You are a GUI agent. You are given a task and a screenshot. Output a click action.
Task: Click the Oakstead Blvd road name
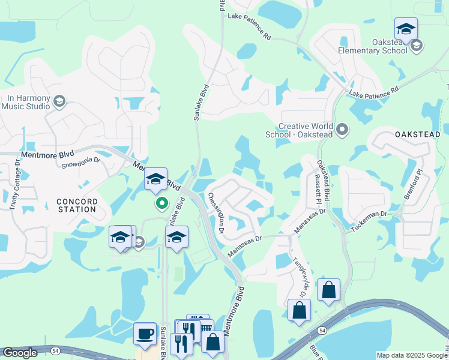pyautogui.click(x=324, y=181)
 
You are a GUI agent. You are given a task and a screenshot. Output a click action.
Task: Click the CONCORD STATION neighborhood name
pyautogui.click(x=77, y=205)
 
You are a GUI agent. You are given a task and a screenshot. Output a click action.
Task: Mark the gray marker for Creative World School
pyautogui.click(x=342, y=129)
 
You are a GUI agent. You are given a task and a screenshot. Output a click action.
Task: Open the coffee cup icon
pyautogui.click(x=145, y=334)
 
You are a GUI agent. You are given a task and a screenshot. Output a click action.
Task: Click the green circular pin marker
pyautogui.click(x=161, y=204)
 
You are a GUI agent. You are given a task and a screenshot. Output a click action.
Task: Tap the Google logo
pyautogui.click(x=20, y=353)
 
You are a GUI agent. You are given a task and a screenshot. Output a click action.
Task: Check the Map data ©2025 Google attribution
pyautogui.click(x=411, y=355)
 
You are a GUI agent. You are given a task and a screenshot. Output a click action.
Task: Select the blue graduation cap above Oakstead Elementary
pyautogui.click(x=406, y=29)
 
